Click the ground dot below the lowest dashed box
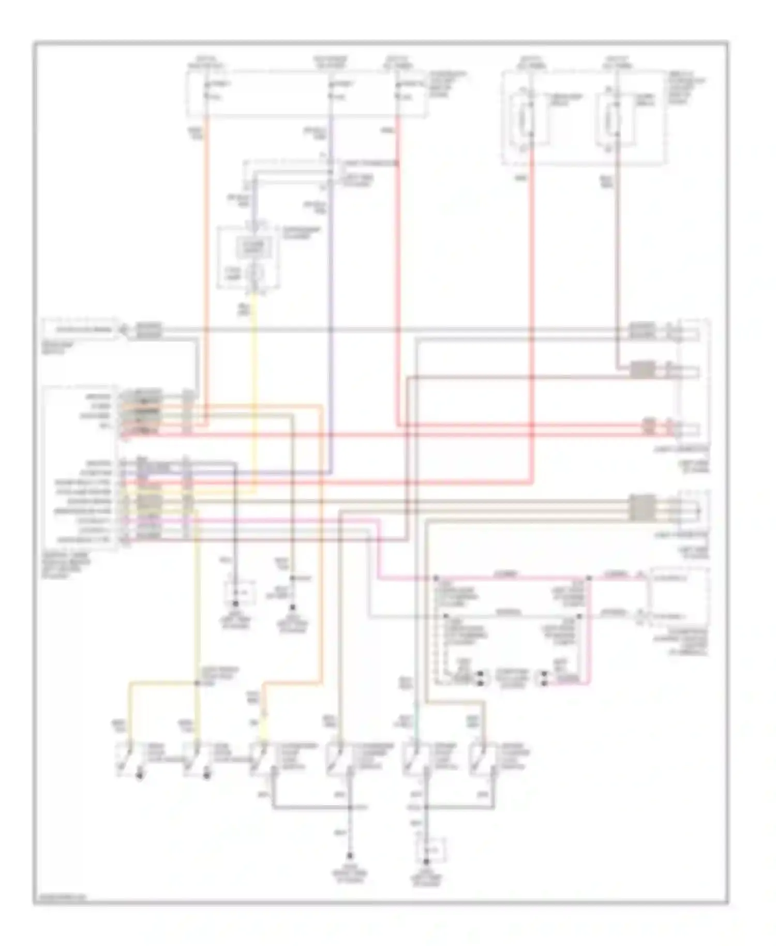coord(427,862)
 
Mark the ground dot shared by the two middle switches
coord(350,807)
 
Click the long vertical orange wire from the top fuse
coord(207,259)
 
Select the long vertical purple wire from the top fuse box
coord(330,311)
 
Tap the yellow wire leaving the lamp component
coord(254,388)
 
